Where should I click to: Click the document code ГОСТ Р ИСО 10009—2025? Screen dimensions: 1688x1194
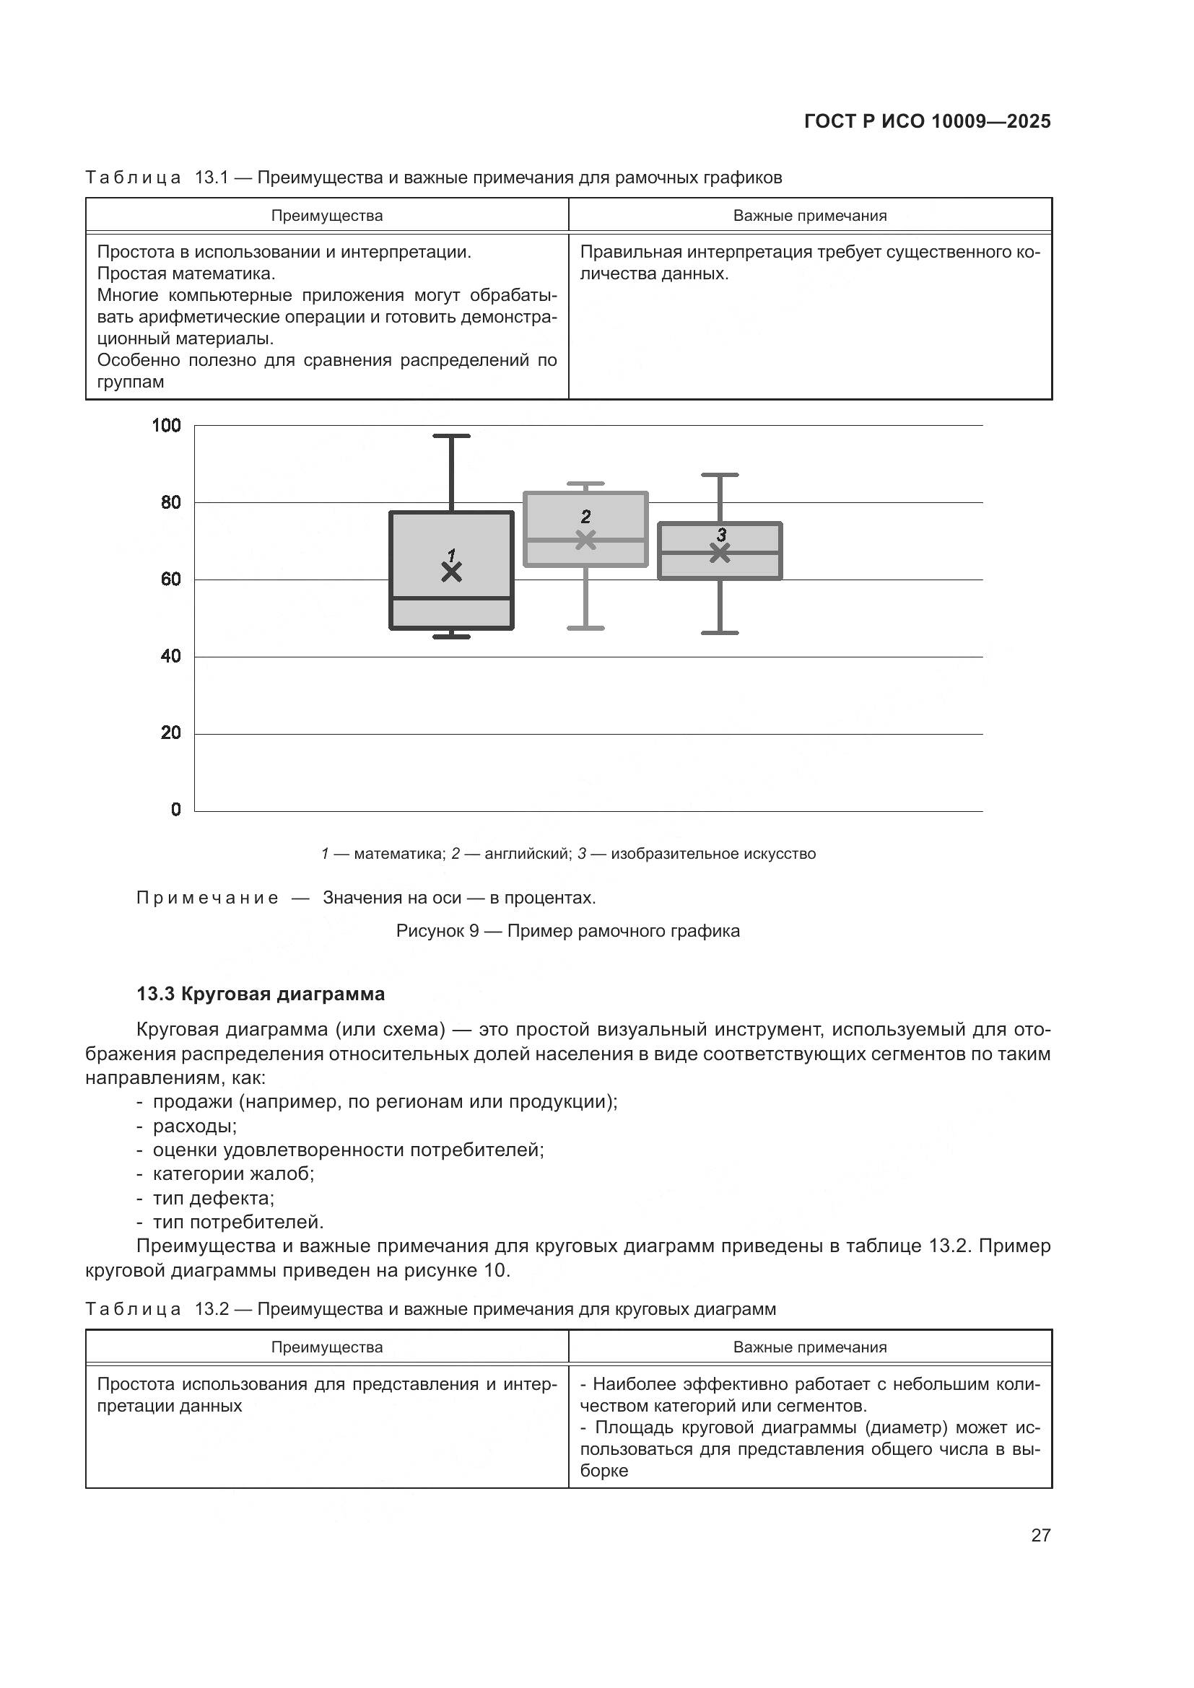(x=927, y=121)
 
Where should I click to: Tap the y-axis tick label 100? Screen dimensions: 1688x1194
(x=166, y=426)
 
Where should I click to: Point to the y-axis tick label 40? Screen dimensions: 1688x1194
(x=170, y=656)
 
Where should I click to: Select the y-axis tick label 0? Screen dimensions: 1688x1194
(x=175, y=810)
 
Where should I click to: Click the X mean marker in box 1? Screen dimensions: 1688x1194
(x=451, y=572)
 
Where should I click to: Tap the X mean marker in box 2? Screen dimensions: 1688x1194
(x=585, y=540)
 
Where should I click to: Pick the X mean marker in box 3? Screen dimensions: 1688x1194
(x=720, y=553)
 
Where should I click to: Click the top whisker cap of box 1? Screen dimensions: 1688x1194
(x=451, y=436)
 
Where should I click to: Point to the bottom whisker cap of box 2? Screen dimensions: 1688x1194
(x=585, y=628)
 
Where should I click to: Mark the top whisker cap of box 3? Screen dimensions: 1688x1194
(x=720, y=475)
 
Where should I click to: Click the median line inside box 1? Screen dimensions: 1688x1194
(x=451, y=598)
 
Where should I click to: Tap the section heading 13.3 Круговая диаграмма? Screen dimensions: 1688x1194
(x=261, y=994)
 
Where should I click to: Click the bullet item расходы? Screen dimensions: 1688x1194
(x=194, y=1126)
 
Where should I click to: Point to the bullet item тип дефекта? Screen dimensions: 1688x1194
(x=213, y=1198)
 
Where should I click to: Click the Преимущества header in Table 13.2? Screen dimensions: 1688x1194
(x=327, y=1347)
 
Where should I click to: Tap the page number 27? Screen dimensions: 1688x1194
(x=1040, y=1534)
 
